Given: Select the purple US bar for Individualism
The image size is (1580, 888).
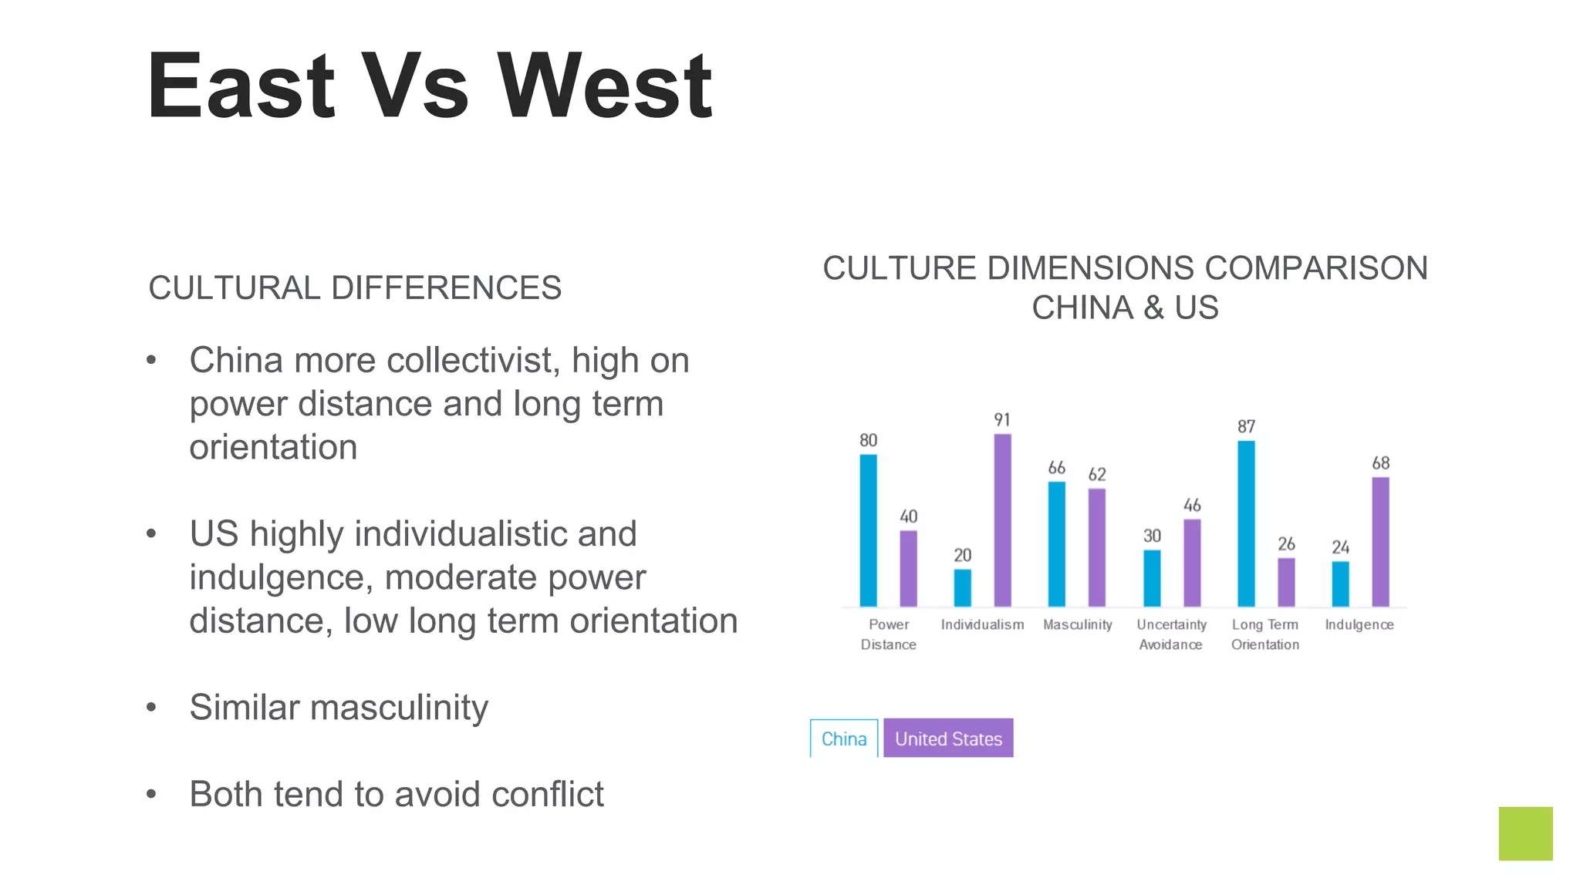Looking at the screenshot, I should (1002, 520).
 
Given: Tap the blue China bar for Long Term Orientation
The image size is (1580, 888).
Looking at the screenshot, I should (1246, 523).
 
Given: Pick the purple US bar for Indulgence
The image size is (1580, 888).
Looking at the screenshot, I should (1380, 542).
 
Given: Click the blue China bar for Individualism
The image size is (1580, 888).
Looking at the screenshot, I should (962, 587).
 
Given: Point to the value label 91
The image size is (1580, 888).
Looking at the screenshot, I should (1002, 420).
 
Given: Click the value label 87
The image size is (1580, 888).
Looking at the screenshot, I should (1246, 427).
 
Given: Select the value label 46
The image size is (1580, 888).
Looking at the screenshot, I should (1192, 506).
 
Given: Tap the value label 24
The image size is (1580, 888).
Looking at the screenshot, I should (1340, 547).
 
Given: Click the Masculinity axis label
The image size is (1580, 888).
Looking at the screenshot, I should (1077, 624).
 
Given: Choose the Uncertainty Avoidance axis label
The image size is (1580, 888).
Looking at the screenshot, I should (1171, 634).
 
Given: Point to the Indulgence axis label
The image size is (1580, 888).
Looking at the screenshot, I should (1359, 624).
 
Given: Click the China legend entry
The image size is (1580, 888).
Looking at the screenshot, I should (844, 738).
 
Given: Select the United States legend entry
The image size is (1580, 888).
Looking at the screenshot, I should (948, 738).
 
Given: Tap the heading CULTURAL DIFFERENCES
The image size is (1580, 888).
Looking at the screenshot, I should (355, 288).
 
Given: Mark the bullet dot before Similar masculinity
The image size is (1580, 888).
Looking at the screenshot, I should (151, 707).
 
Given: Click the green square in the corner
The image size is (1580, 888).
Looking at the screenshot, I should (1525, 833).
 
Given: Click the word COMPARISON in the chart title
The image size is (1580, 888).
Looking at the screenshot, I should (1316, 268).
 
